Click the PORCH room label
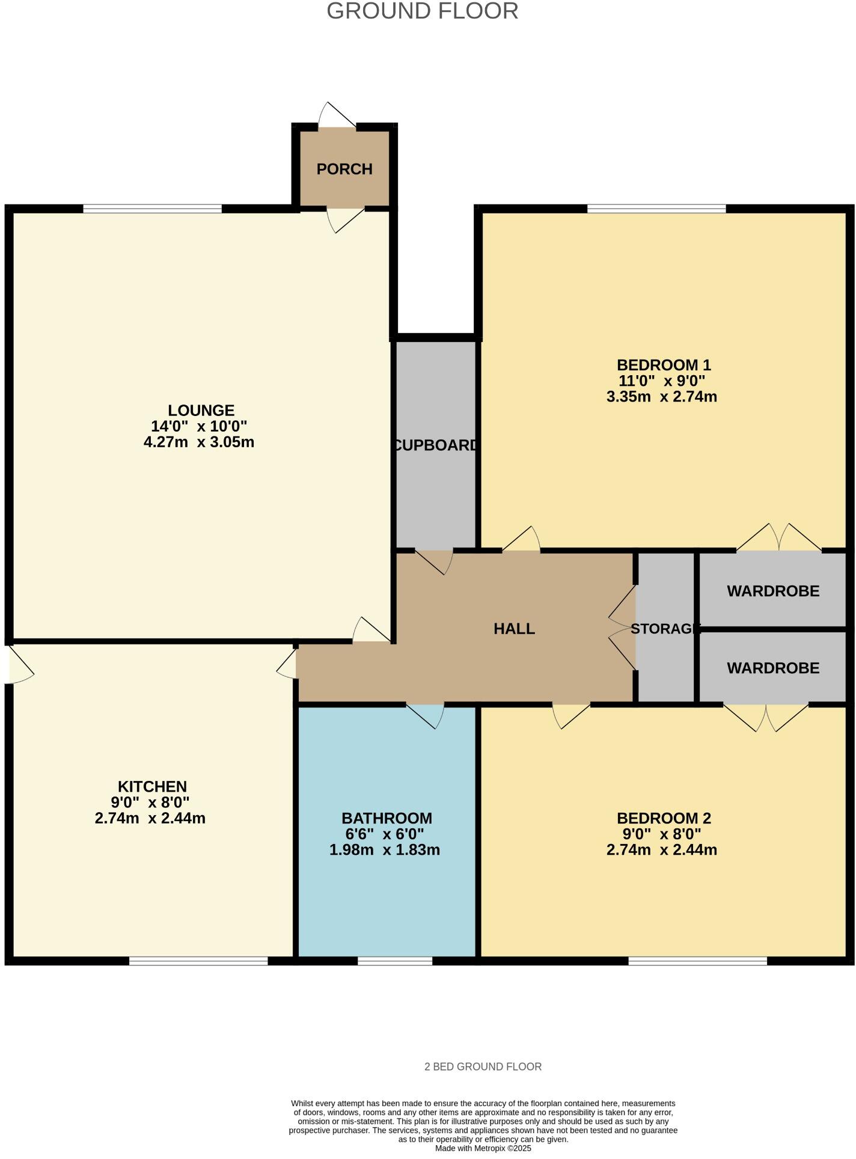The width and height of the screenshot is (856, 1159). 344,170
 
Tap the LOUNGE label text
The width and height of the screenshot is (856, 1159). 201,411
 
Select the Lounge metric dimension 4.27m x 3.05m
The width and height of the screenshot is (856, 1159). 199,442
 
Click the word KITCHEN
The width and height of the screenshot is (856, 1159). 152,786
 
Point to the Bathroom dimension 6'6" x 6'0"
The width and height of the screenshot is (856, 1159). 385,834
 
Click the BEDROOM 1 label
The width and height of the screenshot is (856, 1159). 664,365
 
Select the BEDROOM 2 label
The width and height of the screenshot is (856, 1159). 664,818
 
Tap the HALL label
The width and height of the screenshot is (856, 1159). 514,629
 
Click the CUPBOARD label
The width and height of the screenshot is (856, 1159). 436,445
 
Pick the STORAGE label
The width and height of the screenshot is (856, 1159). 665,629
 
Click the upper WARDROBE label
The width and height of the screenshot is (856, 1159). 773,592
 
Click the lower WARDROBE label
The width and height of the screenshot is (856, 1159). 773,668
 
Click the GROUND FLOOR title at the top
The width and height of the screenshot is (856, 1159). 422,11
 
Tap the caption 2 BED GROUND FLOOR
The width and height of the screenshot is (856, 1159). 483,1067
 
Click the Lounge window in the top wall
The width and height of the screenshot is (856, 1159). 152,209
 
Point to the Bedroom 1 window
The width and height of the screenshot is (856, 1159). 656,209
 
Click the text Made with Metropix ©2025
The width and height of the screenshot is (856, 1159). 483,1148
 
